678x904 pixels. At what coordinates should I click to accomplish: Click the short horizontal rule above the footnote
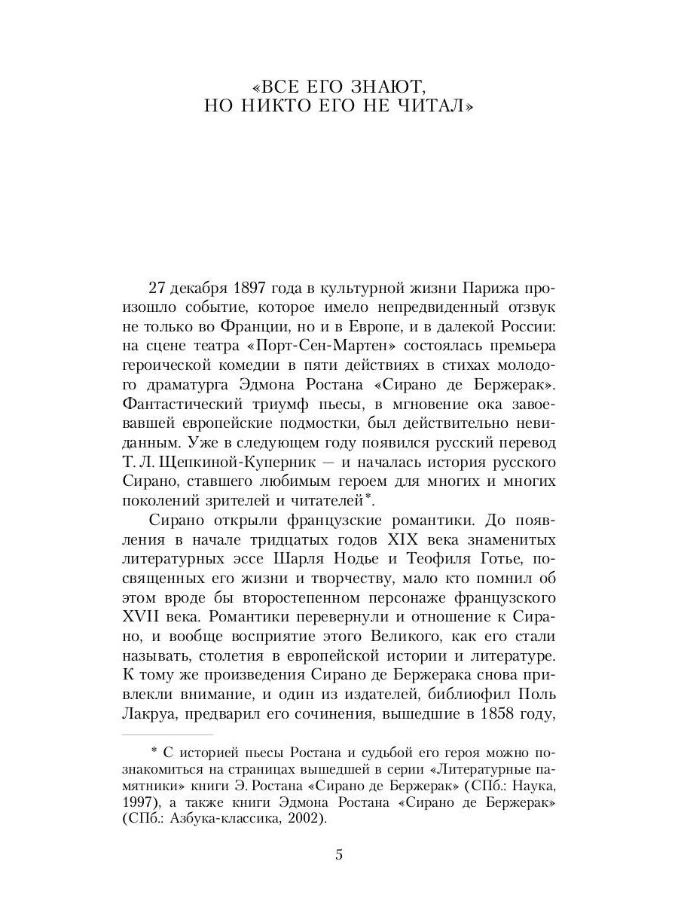click(167, 734)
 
